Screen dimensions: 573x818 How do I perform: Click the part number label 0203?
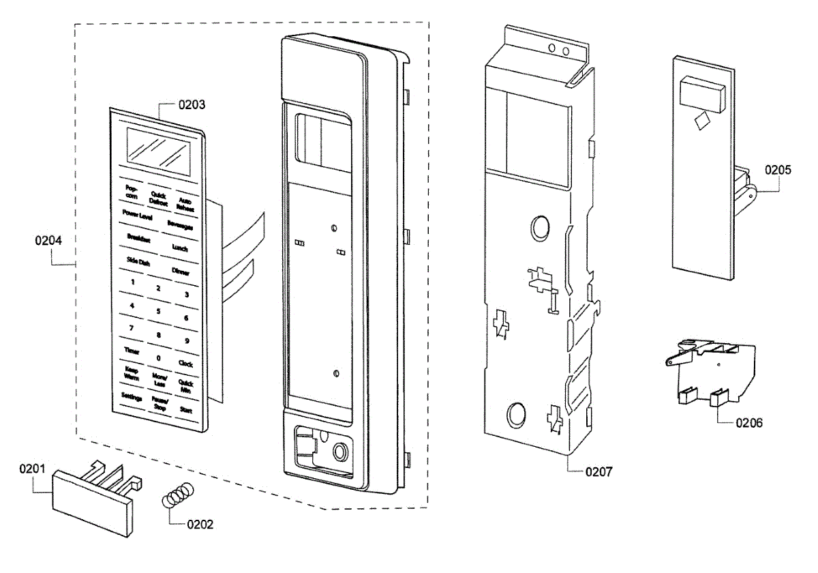tap(192, 105)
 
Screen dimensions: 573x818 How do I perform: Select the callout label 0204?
tap(49, 240)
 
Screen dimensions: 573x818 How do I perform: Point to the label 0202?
tap(199, 525)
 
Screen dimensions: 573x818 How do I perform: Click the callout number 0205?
tap(778, 170)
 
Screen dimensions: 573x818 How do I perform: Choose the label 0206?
tap(749, 423)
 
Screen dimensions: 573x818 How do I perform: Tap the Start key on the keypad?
tap(185, 410)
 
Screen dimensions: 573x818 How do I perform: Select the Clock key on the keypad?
tap(185, 364)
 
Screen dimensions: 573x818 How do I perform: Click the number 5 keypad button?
tap(158, 311)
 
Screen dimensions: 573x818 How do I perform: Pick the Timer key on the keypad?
tap(132, 350)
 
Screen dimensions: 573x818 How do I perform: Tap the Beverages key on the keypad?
tap(181, 226)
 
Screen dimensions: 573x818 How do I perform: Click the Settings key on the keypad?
tap(132, 396)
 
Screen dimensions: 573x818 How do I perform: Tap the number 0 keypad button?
tap(158, 357)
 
